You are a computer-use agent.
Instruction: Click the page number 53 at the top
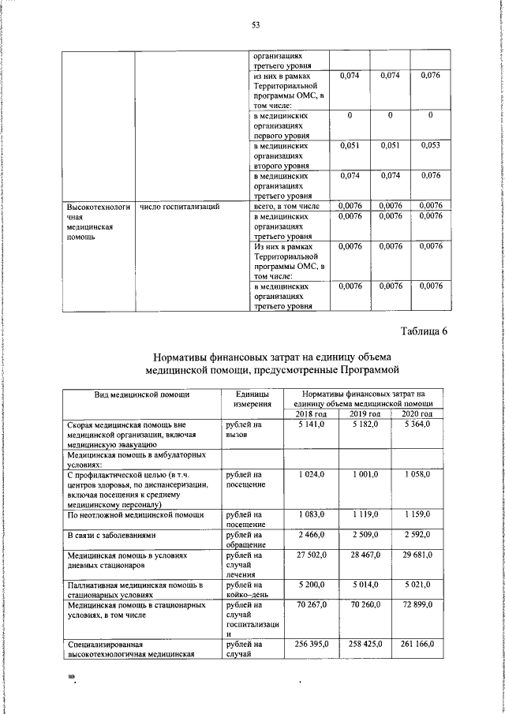pos(256,24)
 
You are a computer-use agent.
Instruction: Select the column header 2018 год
pos(310,414)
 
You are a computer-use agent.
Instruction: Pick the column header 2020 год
pos(417,414)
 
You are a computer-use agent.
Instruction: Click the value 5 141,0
pos(313,424)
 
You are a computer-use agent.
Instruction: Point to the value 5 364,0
pos(418,424)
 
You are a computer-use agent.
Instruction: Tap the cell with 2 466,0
pos(313,535)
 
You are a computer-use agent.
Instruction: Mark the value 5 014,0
pos(365,585)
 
